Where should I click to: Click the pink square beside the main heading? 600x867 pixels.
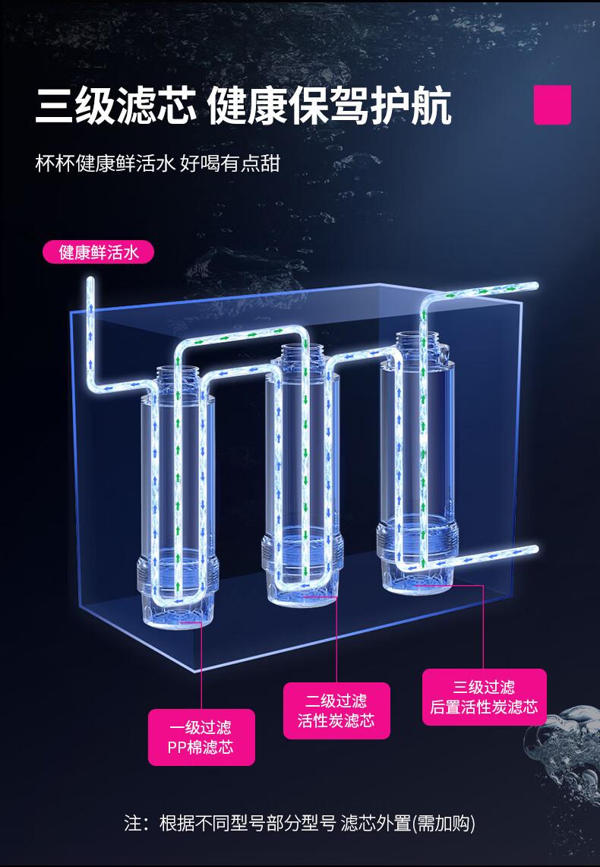552,105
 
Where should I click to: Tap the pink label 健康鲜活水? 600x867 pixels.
98,252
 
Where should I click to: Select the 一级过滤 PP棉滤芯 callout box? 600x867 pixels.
201,737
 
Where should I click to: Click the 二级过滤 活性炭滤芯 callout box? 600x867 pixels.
336,710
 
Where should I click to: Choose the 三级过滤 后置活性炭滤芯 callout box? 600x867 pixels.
484,698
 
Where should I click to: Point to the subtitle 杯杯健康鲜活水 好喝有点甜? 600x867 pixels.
157,163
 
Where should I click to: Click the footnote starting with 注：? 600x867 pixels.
299,823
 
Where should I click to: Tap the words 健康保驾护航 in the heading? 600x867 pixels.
330,105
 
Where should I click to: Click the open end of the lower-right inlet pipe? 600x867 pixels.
534,549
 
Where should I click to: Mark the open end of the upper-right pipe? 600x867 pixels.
534,286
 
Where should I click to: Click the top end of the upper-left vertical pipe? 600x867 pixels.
90,281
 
